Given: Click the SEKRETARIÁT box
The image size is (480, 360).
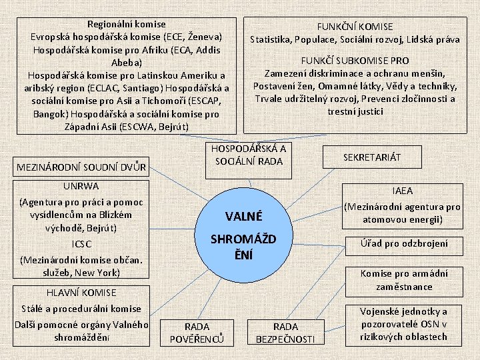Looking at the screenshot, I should coord(372,157).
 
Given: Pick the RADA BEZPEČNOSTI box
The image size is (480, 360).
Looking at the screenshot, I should coord(286,333).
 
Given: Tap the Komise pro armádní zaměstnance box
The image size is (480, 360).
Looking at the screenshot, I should coord(404,280).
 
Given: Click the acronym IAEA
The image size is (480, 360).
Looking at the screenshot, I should coord(402,191).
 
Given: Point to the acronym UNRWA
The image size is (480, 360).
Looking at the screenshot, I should coord(81,186).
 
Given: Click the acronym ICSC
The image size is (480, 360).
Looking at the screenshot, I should coord(81,244).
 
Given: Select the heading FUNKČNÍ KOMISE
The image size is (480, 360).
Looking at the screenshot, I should coord(355,27).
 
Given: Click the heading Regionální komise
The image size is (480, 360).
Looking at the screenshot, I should coord(127,23).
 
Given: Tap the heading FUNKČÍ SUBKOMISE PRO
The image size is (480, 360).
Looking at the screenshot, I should coord(355,60).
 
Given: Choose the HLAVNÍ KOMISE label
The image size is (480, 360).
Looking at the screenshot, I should coord(81,292).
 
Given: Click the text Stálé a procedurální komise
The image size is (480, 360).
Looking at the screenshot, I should coord(81,309).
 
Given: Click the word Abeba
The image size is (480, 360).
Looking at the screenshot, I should coord(127,63).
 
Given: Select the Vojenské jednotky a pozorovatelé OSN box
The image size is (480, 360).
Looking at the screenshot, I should coord(404,324).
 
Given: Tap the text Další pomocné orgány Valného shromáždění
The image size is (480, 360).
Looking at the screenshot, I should coord(81,331).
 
